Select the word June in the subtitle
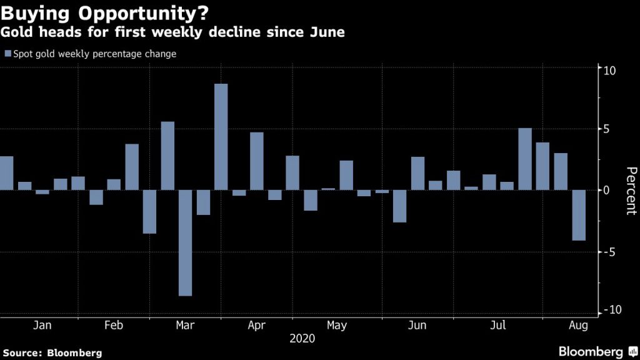(x=325, y=32)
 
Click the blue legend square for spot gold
(x=7, y=54)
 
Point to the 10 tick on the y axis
(x=609, y=70)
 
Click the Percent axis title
(x=631, y=191)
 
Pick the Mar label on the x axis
(x=186, y=326)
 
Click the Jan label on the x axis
(x=42, y=326)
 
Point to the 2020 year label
(x=302, y=339)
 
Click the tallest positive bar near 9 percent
(x=221, y=136)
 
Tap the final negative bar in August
(x=579, y=215)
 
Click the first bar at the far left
(x=6, y=173)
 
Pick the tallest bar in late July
(x=525, y=159)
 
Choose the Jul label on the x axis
(x=498, y=326)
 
